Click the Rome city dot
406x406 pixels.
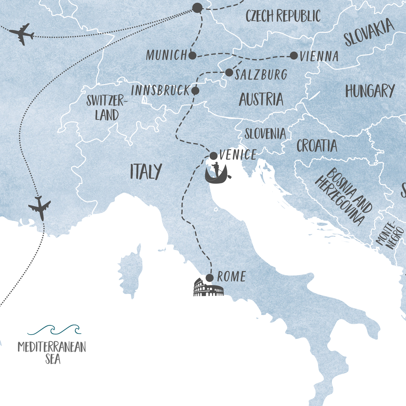[210, 278]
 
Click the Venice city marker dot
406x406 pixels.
[213, 156]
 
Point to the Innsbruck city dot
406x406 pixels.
[195, 91]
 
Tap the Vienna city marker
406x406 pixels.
[294, 56]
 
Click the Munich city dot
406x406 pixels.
[192, 56]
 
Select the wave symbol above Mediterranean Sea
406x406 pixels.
[54, 330]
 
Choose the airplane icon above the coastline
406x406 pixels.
[40, 207]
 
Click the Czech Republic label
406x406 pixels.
[283, 16]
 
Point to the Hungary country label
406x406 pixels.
[370, 91]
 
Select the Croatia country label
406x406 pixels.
[317, 146]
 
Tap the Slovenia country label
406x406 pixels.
[265, 134]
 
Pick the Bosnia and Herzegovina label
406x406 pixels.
[342, 196]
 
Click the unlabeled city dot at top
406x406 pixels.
[197, 8]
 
